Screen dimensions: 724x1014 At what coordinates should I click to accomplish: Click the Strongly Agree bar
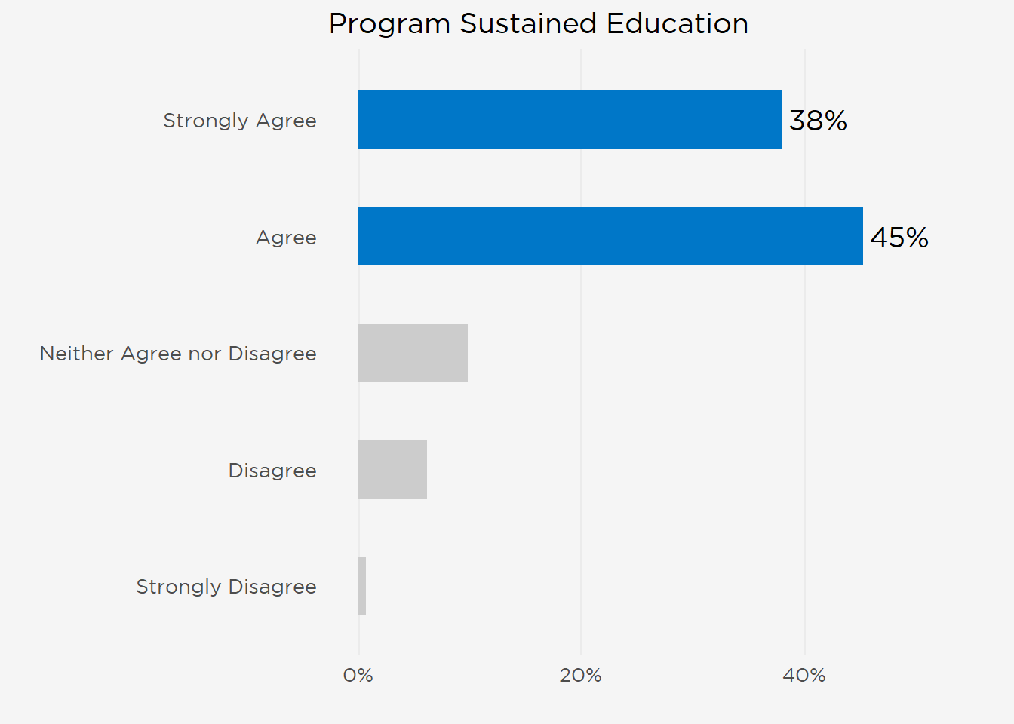(570, 119)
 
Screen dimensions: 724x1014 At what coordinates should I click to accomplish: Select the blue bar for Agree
(610, 236)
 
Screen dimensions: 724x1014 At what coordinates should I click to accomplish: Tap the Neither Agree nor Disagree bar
(413, 352)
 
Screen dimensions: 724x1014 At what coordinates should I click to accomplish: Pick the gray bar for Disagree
(392, 469)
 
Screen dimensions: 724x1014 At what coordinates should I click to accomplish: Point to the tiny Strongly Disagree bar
(362, 586)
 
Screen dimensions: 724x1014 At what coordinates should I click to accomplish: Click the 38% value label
(818, 121)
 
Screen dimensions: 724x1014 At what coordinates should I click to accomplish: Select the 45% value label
(899, 238)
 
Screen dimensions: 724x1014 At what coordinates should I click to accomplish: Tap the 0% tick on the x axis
(358, 676)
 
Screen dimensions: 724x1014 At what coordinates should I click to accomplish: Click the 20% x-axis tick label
(581, 676)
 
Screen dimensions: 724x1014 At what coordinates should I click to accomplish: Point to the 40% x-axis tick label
(804, 676)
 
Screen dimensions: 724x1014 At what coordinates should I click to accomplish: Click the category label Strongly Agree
(240, 121)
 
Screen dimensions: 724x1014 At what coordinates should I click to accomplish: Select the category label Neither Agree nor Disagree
(178, 354)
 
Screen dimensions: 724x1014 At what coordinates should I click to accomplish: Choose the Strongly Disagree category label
(226, 587)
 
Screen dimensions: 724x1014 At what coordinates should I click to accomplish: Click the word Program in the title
(389, 25)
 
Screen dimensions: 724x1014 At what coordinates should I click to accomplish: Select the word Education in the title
(678, 23)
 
